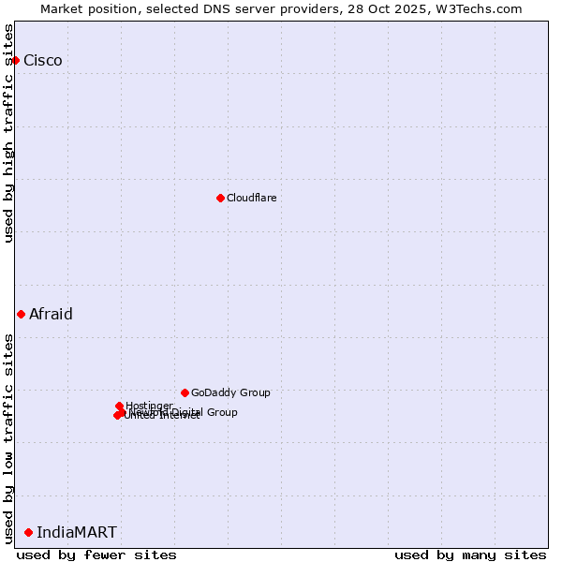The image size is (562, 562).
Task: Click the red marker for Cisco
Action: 15,60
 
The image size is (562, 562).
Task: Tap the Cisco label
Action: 43,61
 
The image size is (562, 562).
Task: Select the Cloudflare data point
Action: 220,198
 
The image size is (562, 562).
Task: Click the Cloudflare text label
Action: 251,198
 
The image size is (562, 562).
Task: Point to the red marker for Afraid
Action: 21,314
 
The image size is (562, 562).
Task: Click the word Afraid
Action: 51,314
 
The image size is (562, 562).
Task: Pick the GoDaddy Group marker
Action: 185,392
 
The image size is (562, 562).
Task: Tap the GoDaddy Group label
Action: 230,392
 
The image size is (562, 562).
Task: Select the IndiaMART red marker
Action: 28,532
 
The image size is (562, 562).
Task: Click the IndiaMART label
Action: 77,532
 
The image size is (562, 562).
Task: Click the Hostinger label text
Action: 149,406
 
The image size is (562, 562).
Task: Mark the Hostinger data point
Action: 119,406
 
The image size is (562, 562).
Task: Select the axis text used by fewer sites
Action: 96,555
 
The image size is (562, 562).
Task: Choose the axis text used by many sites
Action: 470,555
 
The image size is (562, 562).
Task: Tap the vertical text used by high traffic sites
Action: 8,133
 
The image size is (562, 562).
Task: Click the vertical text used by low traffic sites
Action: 8,437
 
